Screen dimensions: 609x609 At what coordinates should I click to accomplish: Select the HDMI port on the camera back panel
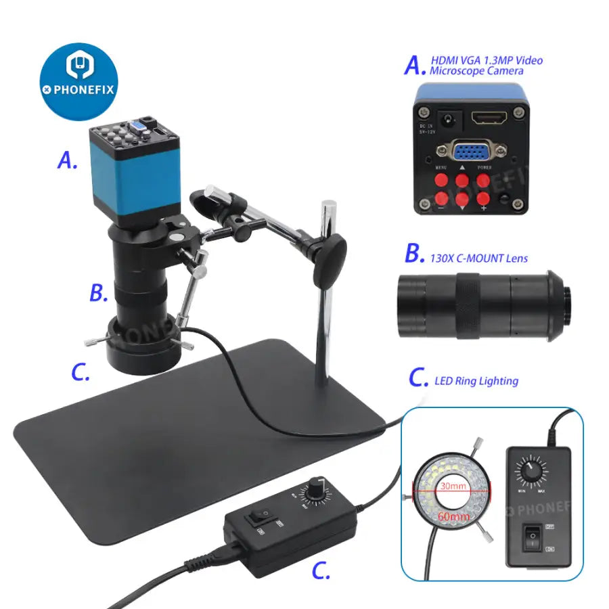[488, 119]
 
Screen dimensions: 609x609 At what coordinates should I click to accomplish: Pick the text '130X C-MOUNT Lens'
[478, 258]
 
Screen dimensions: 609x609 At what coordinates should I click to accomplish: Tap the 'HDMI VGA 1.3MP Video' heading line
[487, 60]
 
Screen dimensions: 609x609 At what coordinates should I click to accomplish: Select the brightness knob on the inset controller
[530, 468]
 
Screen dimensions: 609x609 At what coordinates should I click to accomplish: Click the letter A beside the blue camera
[67, 160]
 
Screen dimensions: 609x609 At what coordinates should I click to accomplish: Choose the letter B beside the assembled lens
[99, 293]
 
